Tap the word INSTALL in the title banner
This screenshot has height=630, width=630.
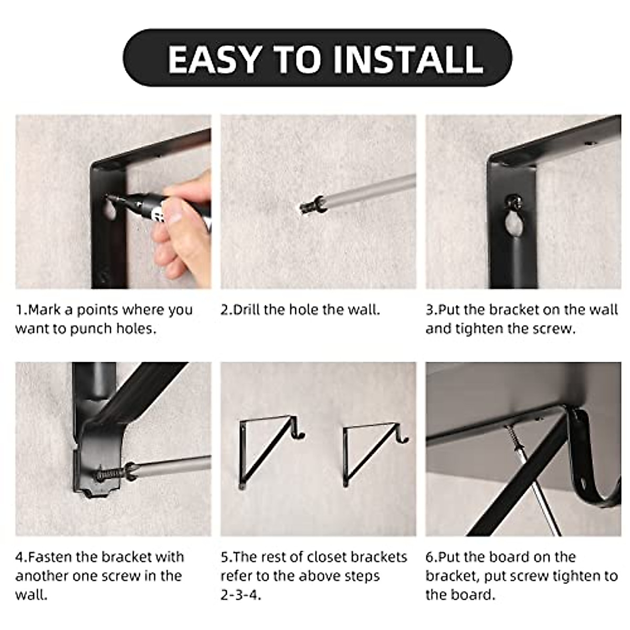click(408, 59)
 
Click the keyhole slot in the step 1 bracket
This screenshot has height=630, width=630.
click(110, 212)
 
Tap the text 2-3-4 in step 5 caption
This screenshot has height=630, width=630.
click(241, 595)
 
